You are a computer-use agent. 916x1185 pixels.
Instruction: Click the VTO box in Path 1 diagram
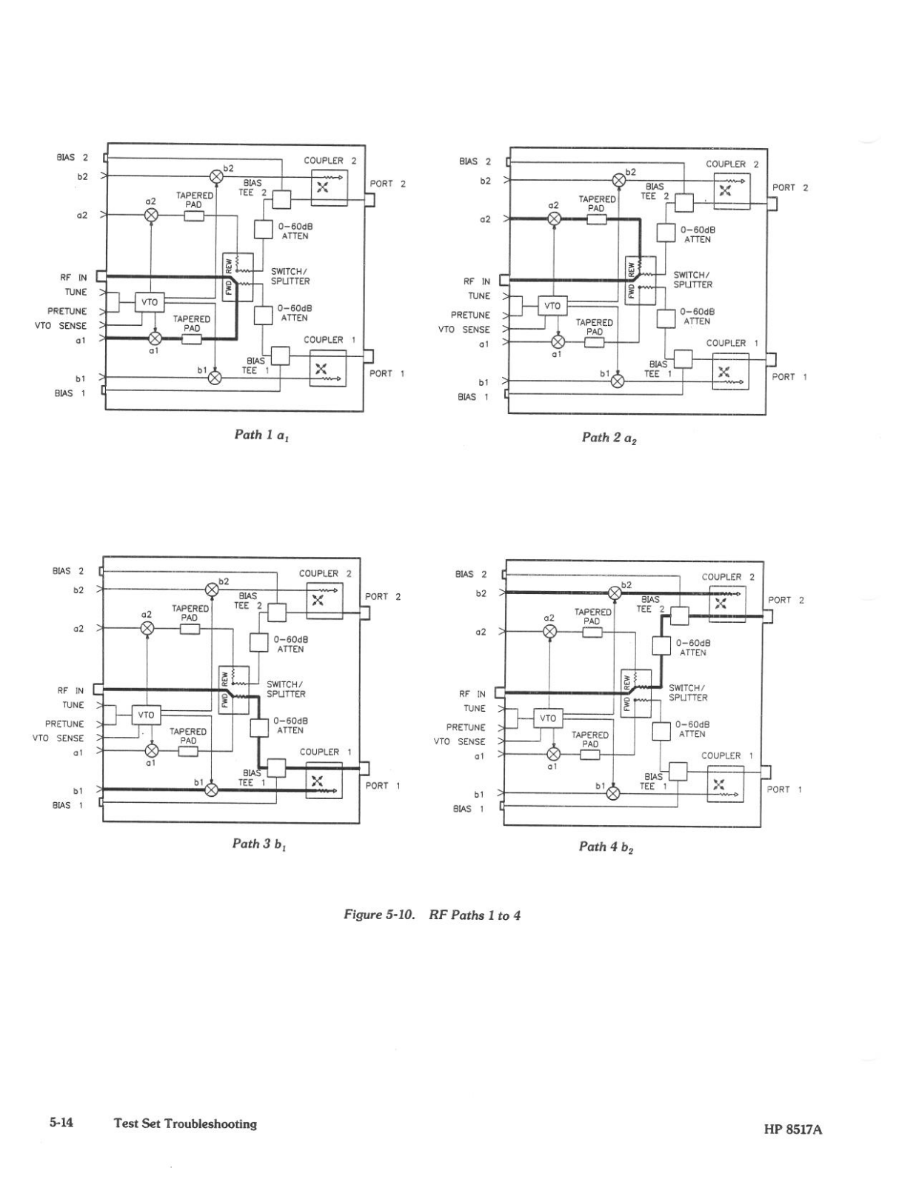(x=150, y=302)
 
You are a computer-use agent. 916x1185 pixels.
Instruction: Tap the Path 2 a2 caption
(x=609, y=438)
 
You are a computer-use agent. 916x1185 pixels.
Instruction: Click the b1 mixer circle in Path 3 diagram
(x=212, y=790)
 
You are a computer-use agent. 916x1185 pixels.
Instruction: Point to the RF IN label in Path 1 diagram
(x=73, y=278)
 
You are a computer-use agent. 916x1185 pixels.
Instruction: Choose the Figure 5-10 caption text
(x=432, y=915)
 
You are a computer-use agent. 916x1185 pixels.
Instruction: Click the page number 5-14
(x=61, y=1123)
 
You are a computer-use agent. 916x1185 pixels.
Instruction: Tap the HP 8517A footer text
(x=793, y=1129)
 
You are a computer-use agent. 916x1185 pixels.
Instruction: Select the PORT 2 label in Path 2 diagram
(x=789, y=187)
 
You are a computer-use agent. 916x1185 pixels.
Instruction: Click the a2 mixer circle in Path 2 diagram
(x=554, y=218)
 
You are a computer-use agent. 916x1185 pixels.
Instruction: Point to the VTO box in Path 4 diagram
(x=548, y=718)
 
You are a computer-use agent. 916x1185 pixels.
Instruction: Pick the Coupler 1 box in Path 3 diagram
(x=324, y=781)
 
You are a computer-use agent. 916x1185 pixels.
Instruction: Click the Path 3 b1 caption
(x=259, y=844)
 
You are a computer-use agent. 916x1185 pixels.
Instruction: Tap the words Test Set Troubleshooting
(x=185, y=1124)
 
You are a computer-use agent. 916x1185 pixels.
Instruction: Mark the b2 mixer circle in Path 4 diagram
(x=614, y=592)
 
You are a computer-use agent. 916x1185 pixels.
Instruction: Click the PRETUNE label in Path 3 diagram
(x=64, y=724)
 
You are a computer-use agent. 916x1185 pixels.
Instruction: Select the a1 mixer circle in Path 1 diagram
(x=155, y=338)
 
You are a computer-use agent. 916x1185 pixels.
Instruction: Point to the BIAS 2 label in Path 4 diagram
(x=471, y=574)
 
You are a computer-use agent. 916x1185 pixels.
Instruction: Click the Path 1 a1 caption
(x=261, y=435)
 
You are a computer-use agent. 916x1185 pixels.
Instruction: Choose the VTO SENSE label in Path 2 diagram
(x=464, y=330)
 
